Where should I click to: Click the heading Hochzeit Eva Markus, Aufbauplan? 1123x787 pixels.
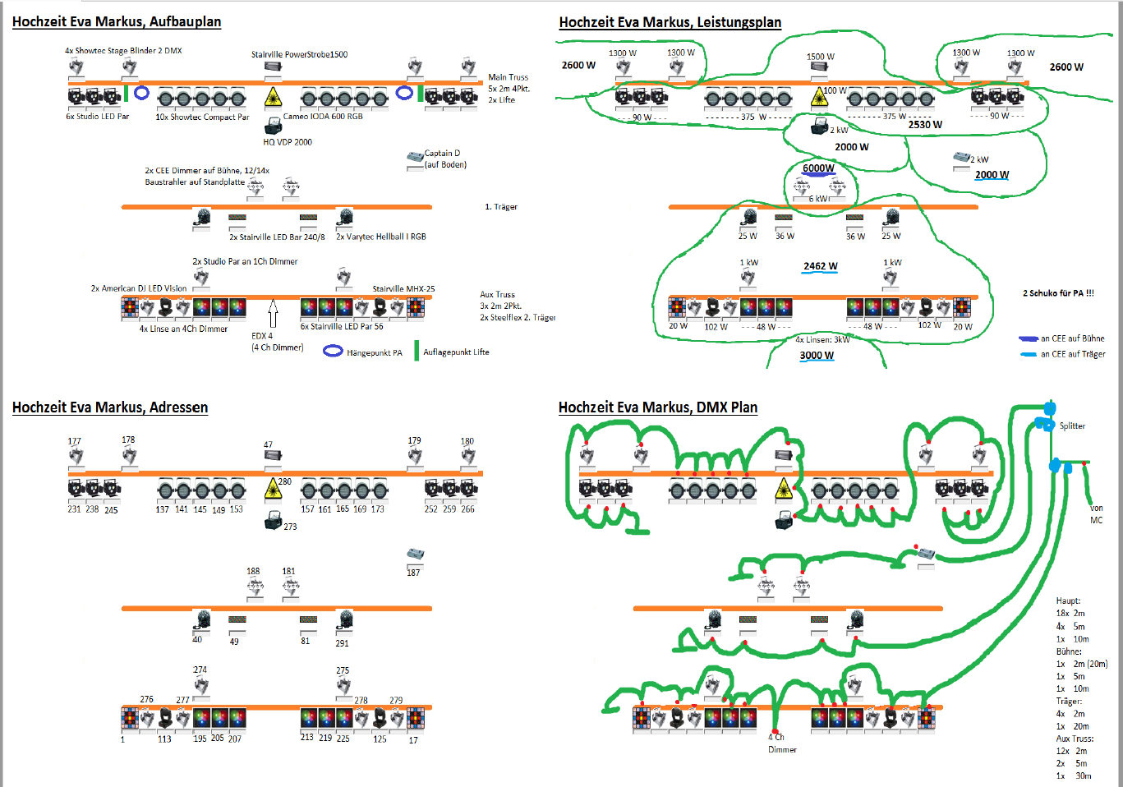click(x=116, y=22)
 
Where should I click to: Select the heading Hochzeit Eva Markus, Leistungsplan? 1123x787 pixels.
click(x=670, y=22)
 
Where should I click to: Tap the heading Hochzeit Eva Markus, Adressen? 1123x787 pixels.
click(x=109, y=407)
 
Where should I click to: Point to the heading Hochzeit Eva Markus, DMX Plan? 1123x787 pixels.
click(x=657, y=407)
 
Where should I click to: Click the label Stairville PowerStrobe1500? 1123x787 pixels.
click(x=299, y=55)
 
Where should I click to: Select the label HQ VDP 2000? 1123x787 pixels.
click(x=288, y=142)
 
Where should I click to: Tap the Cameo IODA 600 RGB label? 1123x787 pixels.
click(x=323, y=117)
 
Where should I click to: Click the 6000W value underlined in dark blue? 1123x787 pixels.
click(x=818, y=168)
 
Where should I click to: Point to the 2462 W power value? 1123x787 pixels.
click(x=820, y=266)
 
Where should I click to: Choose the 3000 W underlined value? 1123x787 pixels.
click(x=817, y=356)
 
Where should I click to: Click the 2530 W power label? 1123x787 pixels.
click(x=925, y=125)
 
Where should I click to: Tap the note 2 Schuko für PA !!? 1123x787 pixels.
click(x=1058, y=293)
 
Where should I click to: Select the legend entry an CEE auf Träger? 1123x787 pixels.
click(x=1073, y=354)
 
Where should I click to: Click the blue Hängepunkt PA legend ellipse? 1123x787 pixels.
click(x=333, y=352)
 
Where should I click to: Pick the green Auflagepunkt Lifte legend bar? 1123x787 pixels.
click(x=417, y=351)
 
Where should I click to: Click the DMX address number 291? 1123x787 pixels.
click(x=342, y=643)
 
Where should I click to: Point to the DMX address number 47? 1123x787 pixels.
click(x=268, y=444)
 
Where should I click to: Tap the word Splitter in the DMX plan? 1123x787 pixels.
click(x=1072, y=426)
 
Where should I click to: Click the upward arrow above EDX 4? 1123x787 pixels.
click(x=274, y=313)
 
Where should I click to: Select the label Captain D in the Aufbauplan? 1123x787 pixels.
click(x=442, y=154)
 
